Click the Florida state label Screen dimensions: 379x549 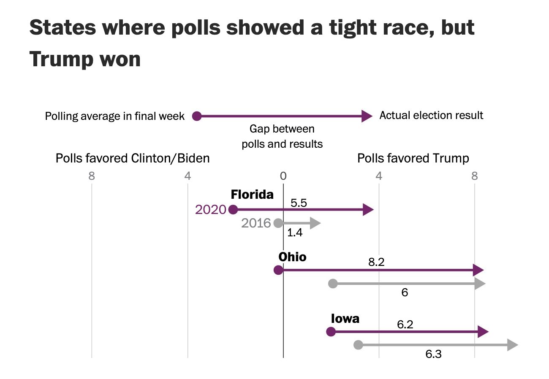pyautogui.click(x=252, y=195)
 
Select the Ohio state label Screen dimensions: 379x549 pyautogui.click(x=292, y=257)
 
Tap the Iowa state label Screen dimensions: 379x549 pyautogui.click(x=345, y=318)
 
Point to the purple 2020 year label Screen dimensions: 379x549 pyautogui.click(x=211, y=210)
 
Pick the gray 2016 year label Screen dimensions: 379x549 pyautogui.click(x=256, y=223)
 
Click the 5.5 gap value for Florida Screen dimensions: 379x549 pyautogui.click(x=299, y=203)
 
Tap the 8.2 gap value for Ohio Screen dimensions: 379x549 pyautogui.click(x=376, y=263)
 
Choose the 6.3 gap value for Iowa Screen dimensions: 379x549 pyautogui.click(x=433, y=354)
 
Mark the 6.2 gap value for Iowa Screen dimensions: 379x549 pyautogui.click(x=405, y=325)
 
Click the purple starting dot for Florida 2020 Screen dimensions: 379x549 pyautogui.click(x=233, y=210)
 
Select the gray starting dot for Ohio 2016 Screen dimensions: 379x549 pyautogui.click(x=333, y=284)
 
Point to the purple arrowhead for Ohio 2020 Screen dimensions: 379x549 pyautogui.click(x=478, y=270)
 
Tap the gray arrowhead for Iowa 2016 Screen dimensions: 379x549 pyautogui.click(x=512, y=345)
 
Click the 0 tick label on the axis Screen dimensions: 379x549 pyautogui.click(x=283, y=176)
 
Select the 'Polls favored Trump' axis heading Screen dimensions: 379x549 pyautogui.click(x=413, y=158)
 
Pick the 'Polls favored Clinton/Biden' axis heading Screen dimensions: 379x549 pyautogui.click(x=133, y=158)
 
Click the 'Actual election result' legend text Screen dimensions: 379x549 pyautogui.click(x=431, y=116)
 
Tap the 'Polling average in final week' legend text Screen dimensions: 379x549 pyautogui.click(x=115, y=116)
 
